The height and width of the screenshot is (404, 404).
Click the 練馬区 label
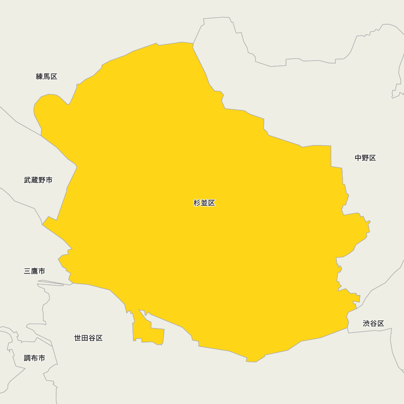click(46, 77)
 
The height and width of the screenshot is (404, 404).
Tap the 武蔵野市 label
click(38, 180)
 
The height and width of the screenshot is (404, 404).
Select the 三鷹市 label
click(34, 271)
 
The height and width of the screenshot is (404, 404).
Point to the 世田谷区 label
click(88, 338)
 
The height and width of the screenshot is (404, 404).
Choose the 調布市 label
click(34, 358)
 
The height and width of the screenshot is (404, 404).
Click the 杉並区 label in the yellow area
click(204, 203)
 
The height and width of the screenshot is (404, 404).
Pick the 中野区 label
click(365, 158)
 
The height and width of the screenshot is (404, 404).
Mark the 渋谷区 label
click(373, 324)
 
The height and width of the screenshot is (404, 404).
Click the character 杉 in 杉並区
click(197, 203)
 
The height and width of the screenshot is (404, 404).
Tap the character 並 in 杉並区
click(204, 203)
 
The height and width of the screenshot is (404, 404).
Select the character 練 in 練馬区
click(40, 77)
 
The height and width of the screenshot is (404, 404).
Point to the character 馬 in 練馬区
click(47, 77)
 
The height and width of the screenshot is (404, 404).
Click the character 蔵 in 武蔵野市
click(35, 180)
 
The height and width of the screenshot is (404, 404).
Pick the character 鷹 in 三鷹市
click(35, 271)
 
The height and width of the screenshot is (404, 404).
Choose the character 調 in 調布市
click(27, 358)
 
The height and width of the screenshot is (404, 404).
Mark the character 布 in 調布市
click(35, 358)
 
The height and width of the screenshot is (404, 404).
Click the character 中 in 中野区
click(358, 158)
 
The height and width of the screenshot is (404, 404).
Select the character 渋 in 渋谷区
click(366, 324)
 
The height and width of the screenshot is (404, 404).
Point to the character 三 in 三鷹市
click(27, 271)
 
